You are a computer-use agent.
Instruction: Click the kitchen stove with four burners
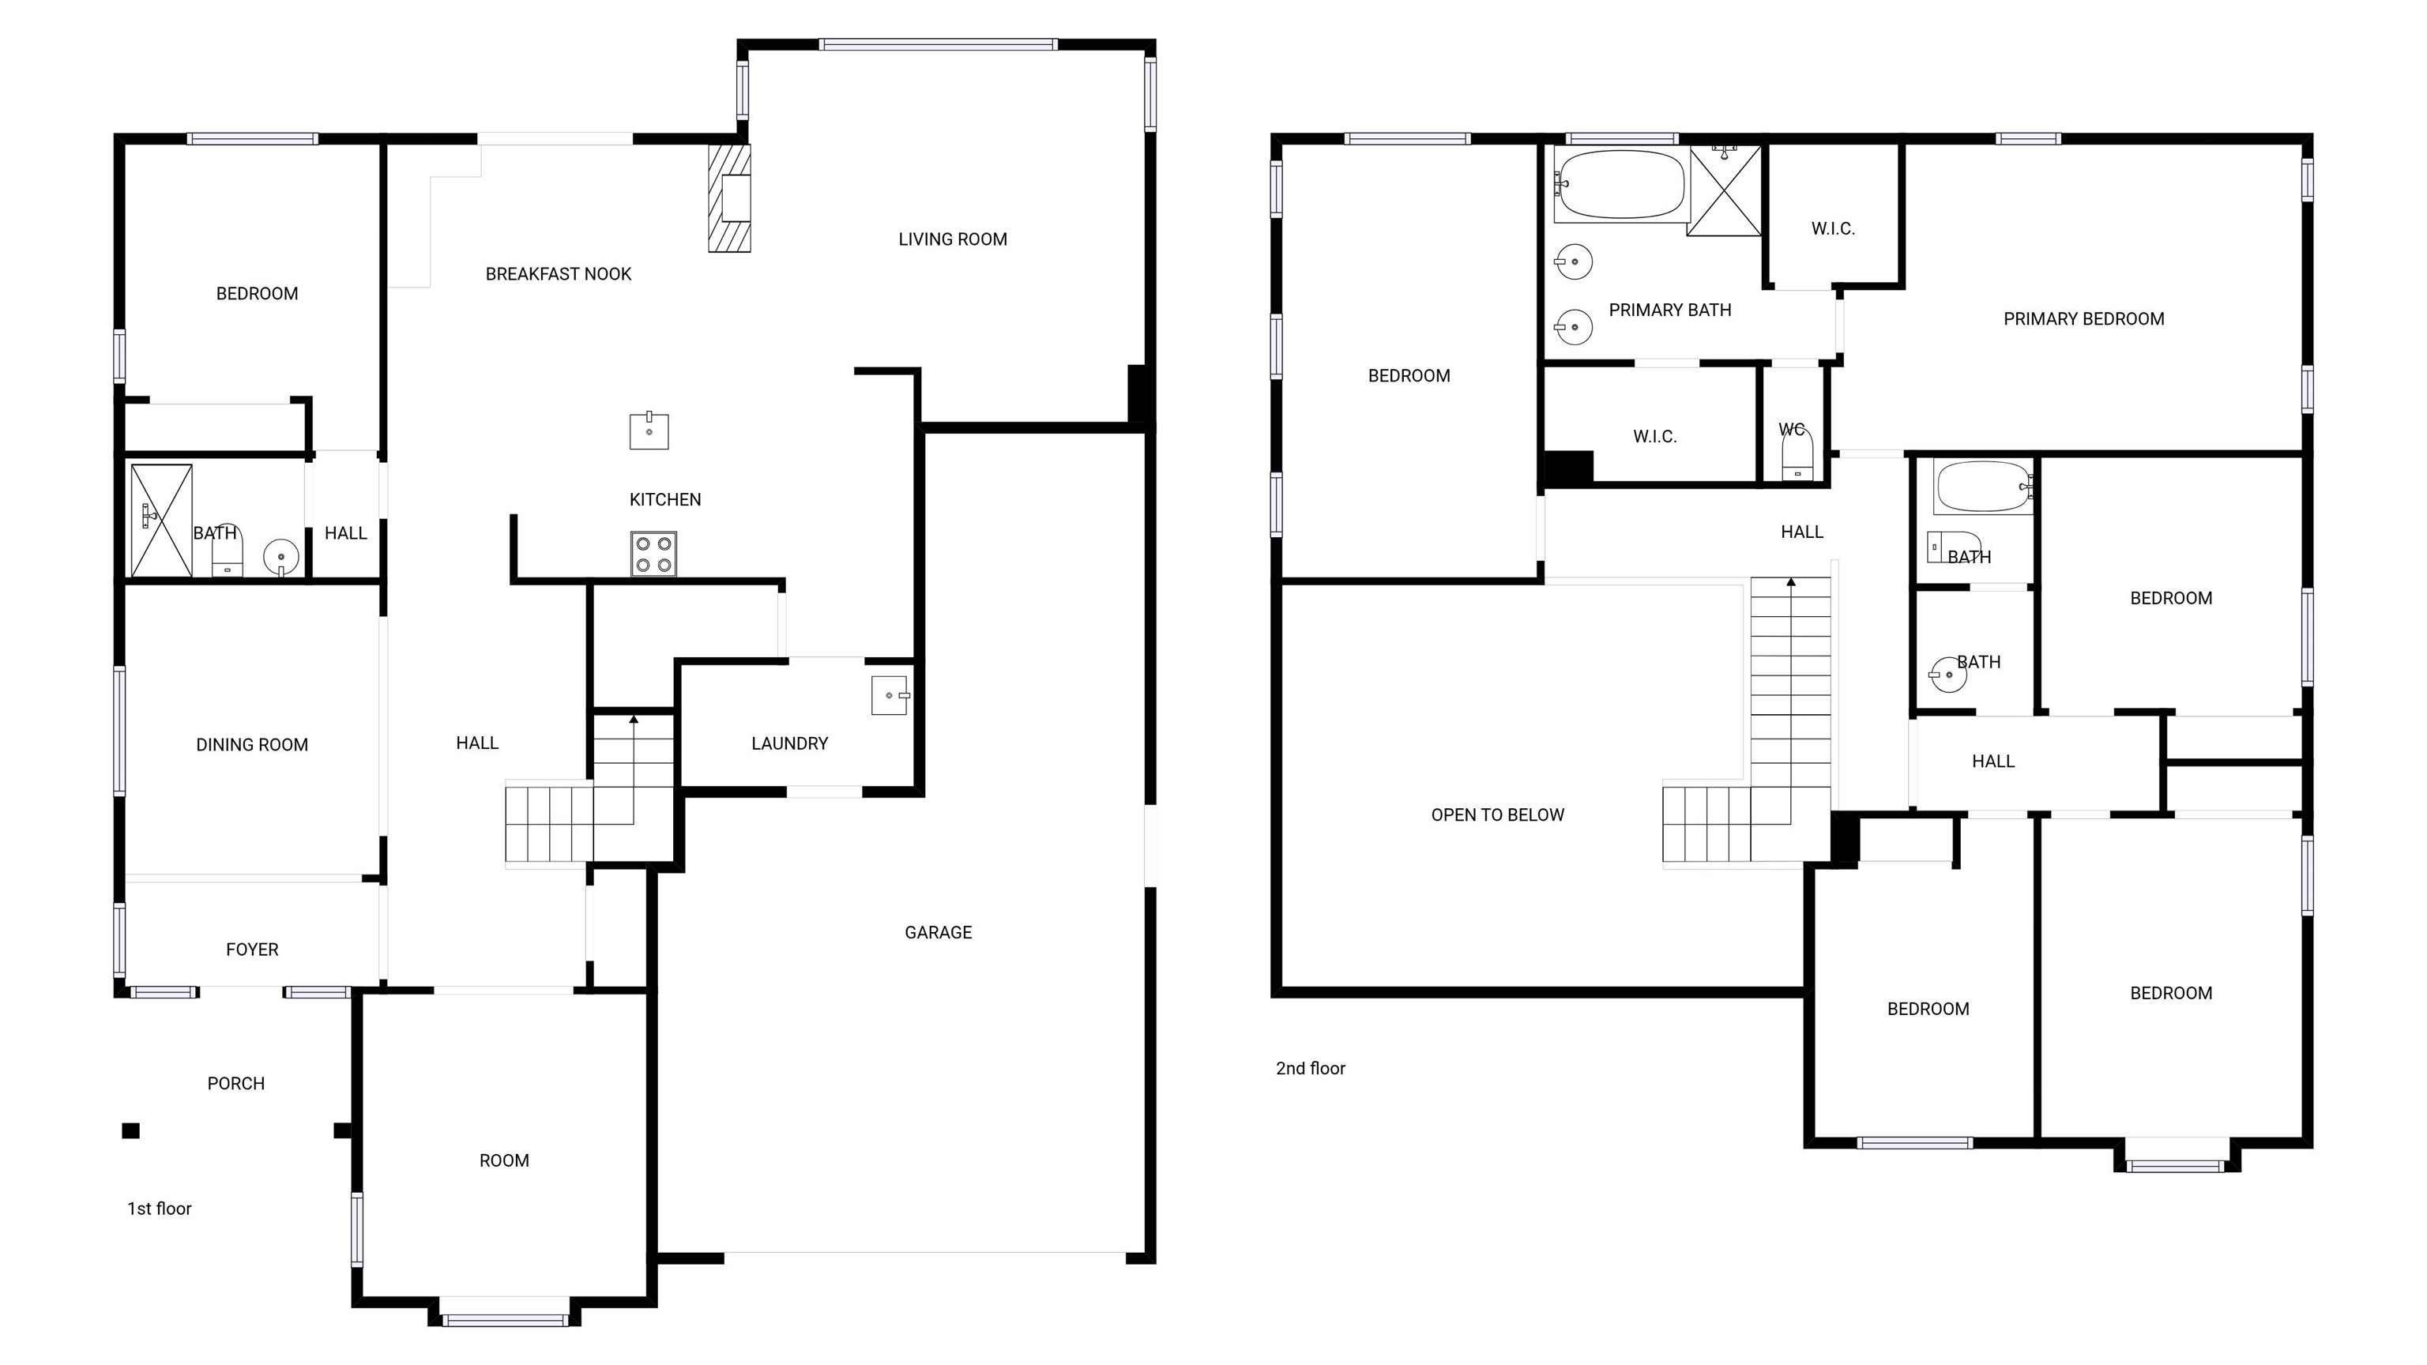pos(653,554)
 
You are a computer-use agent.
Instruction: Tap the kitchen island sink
pos(649,431)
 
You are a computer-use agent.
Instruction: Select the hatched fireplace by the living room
pos(730,197)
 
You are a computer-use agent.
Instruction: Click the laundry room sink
pos(890,695)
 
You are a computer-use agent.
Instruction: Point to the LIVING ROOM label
pos(953,239)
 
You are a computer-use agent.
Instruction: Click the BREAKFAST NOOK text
pos(558,274)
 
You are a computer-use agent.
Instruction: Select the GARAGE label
pos(938,933)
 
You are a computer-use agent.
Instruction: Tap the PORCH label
pos(235,1083)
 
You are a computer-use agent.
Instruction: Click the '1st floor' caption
pos(160,1209)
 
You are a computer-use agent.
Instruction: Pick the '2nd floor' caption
pos(1310,1068)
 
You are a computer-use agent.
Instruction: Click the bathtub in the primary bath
pos(1620,185)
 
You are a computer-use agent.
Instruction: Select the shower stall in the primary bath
pos(1724,191)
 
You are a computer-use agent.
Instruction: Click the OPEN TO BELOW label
pos(1497,815)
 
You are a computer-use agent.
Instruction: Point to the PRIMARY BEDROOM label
pos(2083,319)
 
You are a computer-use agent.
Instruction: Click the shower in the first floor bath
pos(161,520)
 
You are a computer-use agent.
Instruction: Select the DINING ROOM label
pos(251,745)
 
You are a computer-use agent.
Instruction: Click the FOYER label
pos(251,949)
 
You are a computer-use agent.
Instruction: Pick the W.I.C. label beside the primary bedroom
pos(1833,229)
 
